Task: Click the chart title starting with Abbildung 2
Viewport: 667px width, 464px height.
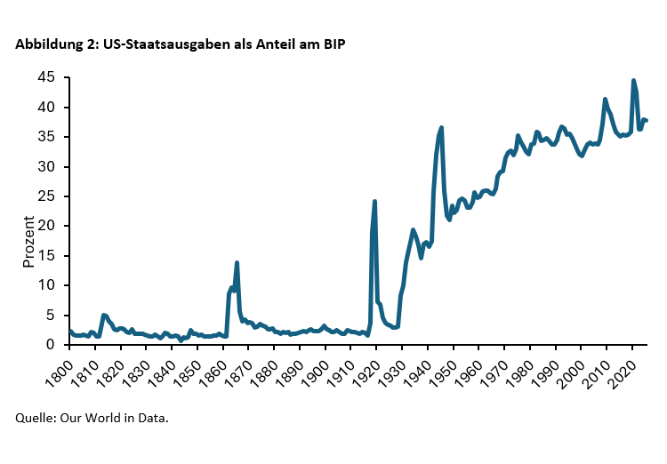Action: (179, 44)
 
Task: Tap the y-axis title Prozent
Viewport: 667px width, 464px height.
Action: (28, 241)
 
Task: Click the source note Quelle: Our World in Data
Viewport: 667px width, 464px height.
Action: (92, 417)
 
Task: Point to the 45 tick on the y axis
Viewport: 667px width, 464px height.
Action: (46, 77)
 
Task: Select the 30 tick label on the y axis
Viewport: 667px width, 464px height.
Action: (46, 166)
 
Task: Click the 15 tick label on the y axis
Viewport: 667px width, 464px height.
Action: (46, 255)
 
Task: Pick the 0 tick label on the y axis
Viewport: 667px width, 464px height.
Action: (51, 344)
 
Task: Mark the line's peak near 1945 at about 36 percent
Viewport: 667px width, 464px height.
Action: (441, 128)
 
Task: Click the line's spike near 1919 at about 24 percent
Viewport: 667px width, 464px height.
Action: (374, 202)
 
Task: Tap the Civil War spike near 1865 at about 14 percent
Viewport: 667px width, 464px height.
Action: (237, 263)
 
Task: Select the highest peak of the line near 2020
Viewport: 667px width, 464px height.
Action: (633, 81)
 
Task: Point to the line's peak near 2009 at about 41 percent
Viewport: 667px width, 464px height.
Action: (605, 100)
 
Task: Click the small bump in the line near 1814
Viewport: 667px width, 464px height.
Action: (104, 315)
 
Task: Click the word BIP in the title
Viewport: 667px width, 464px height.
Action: (331, 44)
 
